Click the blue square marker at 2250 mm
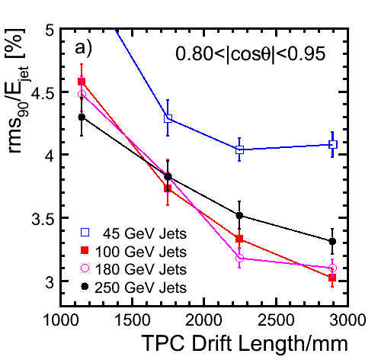point(239,149)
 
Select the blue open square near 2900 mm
point(333,145)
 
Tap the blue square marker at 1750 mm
point(168,118)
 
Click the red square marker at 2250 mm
point(239,239)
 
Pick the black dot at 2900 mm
point(332,242)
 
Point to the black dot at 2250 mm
point(239,216)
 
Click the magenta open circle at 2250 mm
point(239,258)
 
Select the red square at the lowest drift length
point(82,82)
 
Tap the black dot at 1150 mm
point(82,117)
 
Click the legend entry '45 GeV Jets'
point(145,233)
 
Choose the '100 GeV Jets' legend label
point(141,252)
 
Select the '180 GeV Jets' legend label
point(141,269)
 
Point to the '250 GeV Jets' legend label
point(141,288)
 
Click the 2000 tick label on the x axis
point(203,320)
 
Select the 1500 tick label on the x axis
point(132,320)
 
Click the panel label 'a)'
point(83,48)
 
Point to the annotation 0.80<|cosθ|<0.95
point(250,54)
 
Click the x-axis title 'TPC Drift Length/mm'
point(245,344)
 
